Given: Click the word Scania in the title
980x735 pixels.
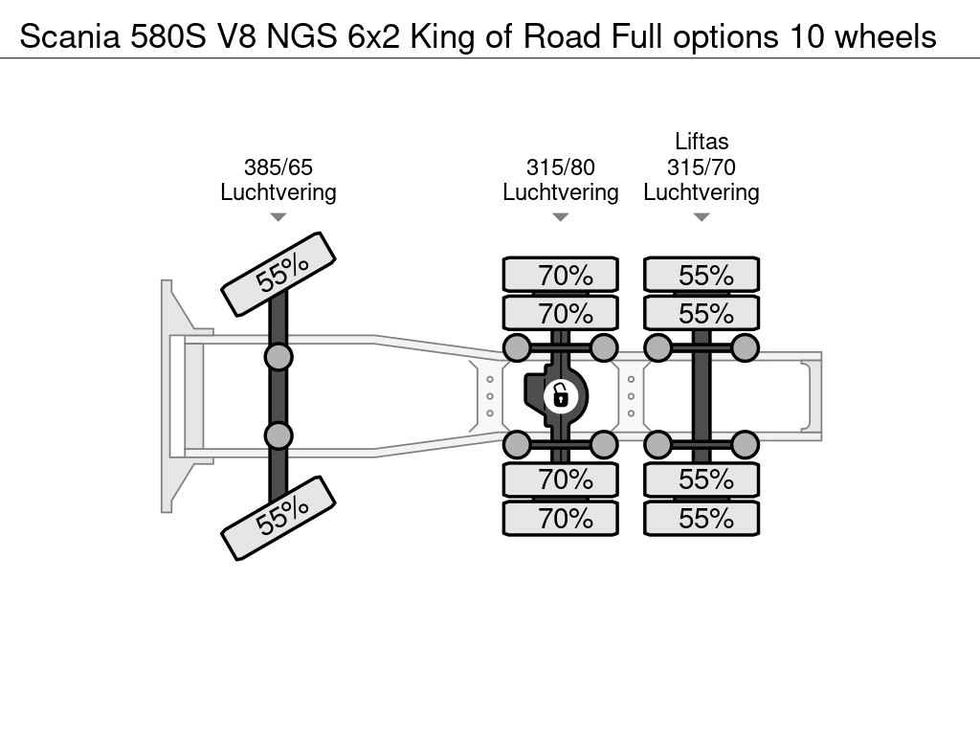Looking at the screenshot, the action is (70, 36).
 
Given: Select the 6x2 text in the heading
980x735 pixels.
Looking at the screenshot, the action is (373, 36).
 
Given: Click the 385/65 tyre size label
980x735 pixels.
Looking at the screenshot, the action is (278, 167).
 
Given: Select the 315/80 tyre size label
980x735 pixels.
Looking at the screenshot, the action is (561, 167).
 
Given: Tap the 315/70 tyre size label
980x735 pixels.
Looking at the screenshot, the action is (702, 167).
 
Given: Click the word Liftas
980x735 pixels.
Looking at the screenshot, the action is (702, 142).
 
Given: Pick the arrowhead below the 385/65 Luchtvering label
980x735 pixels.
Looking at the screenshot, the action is (278, 217).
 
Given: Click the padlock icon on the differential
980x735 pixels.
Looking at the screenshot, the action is (560, 395).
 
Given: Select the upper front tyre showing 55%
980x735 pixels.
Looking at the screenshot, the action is (278, 275).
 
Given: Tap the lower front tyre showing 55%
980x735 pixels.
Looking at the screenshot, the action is (278, 518).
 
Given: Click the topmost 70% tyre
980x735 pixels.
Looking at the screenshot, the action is (561, 275).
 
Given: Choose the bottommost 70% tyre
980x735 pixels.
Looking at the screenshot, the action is (561, 518).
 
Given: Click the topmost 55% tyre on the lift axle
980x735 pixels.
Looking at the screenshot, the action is (702, 275).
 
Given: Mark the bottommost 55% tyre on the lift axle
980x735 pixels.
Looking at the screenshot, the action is (702, 518).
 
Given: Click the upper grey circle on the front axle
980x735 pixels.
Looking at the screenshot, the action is (278, 358).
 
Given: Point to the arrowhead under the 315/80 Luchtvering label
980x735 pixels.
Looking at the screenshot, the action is (561, 217).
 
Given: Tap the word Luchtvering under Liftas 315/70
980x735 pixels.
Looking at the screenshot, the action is (702, 192).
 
